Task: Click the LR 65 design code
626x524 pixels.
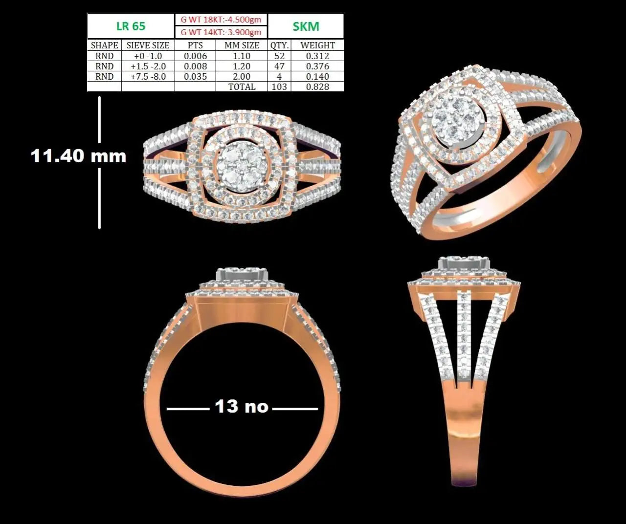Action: [131, 26]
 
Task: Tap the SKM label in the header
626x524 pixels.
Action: [306, 26]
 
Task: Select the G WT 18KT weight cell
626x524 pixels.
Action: [221, 20]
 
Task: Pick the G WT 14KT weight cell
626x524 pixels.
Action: [221, 32]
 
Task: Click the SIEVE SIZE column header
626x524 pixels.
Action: [148, 45]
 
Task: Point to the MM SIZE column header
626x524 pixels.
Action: [242, 45]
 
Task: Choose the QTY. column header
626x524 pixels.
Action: [279, 45]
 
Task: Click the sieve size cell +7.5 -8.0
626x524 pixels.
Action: [148, 76]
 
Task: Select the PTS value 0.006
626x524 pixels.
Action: [195, 56]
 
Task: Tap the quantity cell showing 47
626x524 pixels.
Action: [279, 66]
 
